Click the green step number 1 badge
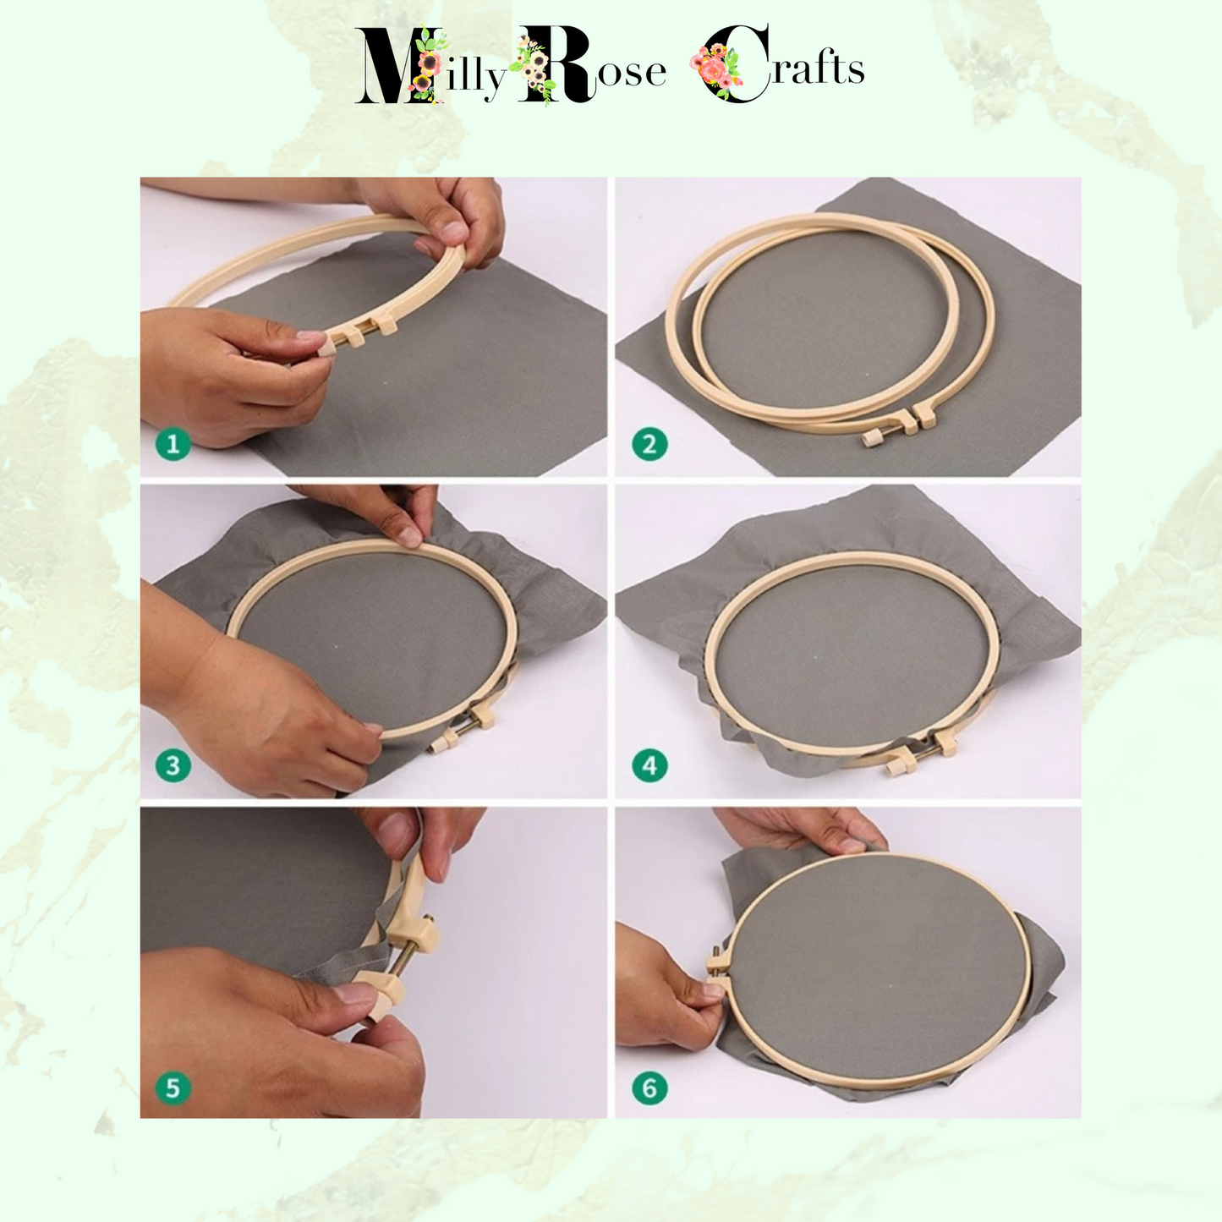(173, 444)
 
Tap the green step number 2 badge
(649, 444)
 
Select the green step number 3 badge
(173, 765)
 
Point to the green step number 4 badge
(649, 765)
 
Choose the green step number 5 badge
(173, 1088)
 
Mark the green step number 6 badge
(649, 1088)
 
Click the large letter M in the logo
(397, 64)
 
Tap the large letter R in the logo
(555, 64)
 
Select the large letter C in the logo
(736, 63)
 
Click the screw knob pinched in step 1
(326, 347)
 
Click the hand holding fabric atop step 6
(800, 830)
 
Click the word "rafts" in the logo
(818, 68)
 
